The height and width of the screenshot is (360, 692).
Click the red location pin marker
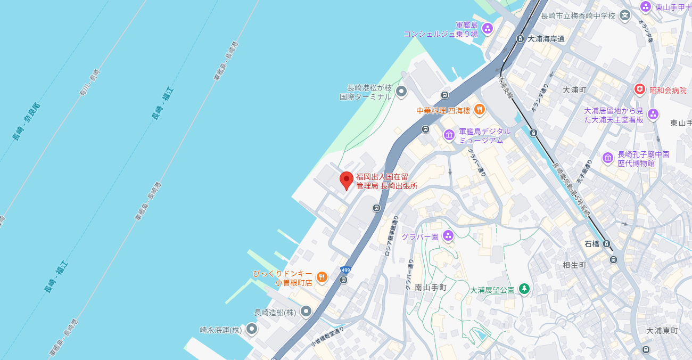pyautogui.click(x=347, y=180)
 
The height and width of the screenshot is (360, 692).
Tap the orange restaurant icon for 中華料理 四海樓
pyautogui.click(x=479, y=110)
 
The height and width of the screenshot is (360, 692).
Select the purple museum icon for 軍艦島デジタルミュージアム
pyautogui.click(x=449, y=135)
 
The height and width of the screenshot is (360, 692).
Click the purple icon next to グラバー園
pyautogui.click(x=448, y=235)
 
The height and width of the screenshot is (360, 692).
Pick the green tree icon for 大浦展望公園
pyautogui.click(x=524, y=289)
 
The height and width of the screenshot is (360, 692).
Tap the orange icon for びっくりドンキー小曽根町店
pyautogui.click(x=322, y=277)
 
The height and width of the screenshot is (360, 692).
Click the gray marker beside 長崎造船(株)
pyautogui.click(x=306, y=311)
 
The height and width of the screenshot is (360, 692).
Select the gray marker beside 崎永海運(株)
pyautogui.click(x=251, y=329)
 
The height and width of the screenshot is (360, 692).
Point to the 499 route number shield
pyautogui.click(x=345, y=270)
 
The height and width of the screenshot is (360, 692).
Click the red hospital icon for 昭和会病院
pyautogui.click(x=639, y=89)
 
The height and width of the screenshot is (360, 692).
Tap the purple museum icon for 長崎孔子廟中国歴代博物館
pyautogui.click(x=607, y=158)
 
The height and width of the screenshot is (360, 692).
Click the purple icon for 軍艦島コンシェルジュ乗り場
pyautogui.click(x=487, y=28)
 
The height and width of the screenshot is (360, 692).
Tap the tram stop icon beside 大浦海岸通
pyautogui.click(x=521, y=38)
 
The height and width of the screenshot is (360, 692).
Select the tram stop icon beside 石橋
pyautogui.click(x=606, y=244)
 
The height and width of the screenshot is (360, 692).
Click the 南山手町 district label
pyautogui.click(x=430, y=288)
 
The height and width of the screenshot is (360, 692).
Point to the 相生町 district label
pyautogui.click(x=574, y=265)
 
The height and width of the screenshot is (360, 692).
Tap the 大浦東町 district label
pyautogui.click(x=662, y=331)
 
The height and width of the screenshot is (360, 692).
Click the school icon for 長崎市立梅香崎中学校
pyautogui.click(x=625, y=15)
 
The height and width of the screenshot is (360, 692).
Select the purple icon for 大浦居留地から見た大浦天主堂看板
pyautogui.click(x=653, y=114)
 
